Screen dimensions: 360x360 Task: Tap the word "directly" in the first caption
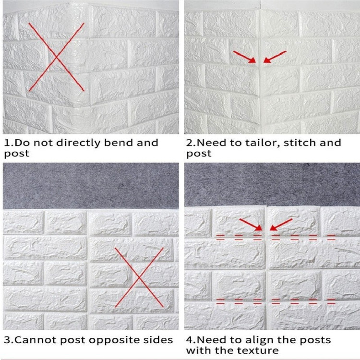click(78, 143)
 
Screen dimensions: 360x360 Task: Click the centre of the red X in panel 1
click(57, 57)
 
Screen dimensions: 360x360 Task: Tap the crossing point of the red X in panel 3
click(139, 277)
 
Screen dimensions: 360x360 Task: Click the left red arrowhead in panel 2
click(252, 60)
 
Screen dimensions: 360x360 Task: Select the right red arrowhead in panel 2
click(267, 60)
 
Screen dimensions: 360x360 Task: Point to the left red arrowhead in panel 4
click(259, 228)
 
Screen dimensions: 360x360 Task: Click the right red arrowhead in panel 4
click(273, 228)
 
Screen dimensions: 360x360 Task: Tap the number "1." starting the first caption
click(9, 143)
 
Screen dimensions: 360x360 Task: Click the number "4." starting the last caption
click(192, 340)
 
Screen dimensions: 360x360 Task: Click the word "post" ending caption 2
click(199, 154)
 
